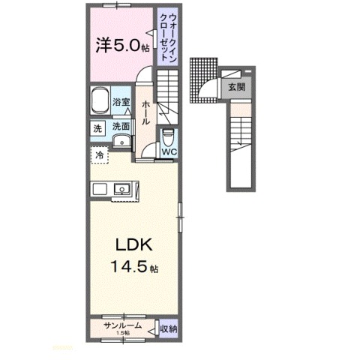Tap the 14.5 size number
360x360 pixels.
click(129, 267)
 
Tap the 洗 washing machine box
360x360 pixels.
click(97, 128)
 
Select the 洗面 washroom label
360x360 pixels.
click(121, 127)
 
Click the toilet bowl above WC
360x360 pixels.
click(169, 137)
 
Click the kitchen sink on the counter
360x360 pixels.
click(122, 189)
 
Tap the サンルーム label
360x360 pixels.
click(121, 325)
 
